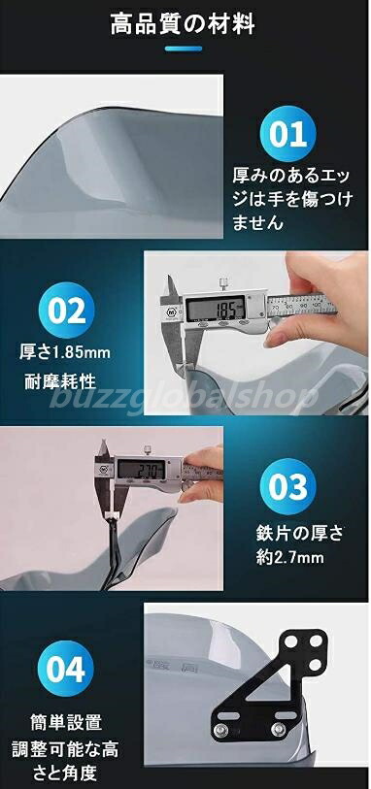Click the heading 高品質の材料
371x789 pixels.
coord(183,24)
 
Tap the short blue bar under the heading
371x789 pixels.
coord(184,49)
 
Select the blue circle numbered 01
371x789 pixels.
coord(287,134)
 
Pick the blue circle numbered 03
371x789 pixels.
coord(287,486)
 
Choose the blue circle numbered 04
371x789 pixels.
coord(65,669)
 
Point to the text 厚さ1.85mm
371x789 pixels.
coord(65,351)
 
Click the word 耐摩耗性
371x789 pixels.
coord(60,382)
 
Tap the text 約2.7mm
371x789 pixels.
coord(290,557)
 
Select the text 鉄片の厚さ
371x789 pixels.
coord(299,533)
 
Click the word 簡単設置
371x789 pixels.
coord(66,722)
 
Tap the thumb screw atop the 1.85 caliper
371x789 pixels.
coord(222,281)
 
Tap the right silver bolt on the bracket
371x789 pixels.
coord(278,729)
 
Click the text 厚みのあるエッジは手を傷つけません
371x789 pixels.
coord(292,199)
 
